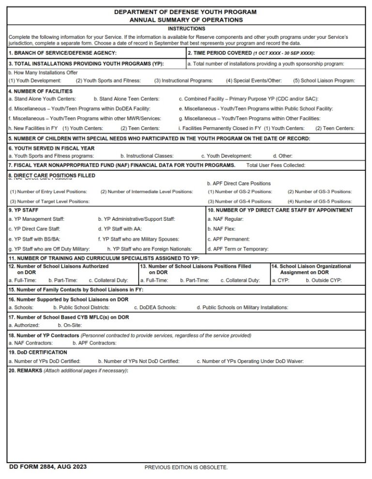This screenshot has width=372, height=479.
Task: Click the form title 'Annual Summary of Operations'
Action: (186, 20)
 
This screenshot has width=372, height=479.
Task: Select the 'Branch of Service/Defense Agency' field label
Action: (62, 52)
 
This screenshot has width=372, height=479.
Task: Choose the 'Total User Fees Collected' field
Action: (276, 165)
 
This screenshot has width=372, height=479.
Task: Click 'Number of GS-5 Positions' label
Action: (319, 201)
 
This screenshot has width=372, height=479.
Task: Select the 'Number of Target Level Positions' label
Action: (50, 201)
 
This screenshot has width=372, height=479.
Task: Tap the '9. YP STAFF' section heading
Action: (24, 210)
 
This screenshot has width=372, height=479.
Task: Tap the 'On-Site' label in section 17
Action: (70, 325)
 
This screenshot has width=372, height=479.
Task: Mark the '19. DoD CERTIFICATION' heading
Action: (38, 352)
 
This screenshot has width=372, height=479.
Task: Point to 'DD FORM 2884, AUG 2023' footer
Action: (48, 467)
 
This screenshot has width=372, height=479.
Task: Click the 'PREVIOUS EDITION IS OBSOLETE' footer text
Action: (186, 467)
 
